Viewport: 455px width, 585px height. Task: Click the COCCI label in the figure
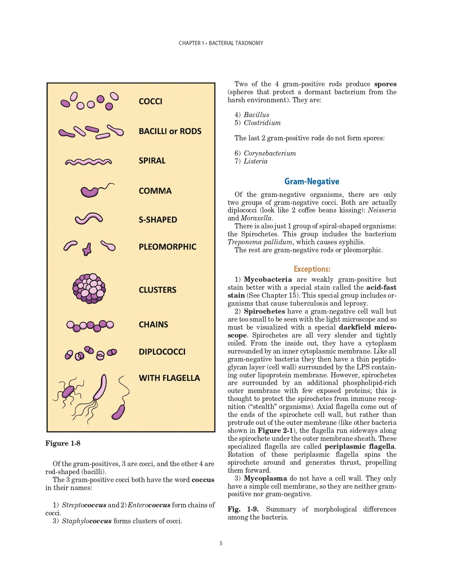tap(150, 101)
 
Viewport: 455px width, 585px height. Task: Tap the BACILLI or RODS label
tap(170, 131)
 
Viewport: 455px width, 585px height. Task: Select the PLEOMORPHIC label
tap(167, 247)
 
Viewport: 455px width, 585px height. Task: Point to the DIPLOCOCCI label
tap(162, 352)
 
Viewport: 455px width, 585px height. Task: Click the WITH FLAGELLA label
tap(169, 378)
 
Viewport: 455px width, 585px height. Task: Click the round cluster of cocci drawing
tap(89, 289)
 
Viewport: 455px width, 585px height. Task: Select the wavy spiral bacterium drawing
tap(88, 161)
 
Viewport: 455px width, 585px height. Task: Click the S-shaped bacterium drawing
tap(89, 218)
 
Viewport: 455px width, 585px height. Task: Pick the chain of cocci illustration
tap(90, 325)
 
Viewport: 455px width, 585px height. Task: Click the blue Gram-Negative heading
tap(312, 182)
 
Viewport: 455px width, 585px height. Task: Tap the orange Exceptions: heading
tap(312, 269)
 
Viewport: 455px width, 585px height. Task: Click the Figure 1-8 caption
tap(63, 443)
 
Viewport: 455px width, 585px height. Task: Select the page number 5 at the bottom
tap(221, 543)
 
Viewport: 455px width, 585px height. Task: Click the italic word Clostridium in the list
tap(262, 123)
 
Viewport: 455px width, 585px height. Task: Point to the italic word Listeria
tap(255, 161)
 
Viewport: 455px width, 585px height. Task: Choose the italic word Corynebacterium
tap(270, 153)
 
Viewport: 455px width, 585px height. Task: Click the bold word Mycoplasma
tap(265, 478)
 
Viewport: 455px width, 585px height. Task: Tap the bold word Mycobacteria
tap(268, 279)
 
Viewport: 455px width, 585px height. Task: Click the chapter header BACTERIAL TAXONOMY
tap(236, 43)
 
